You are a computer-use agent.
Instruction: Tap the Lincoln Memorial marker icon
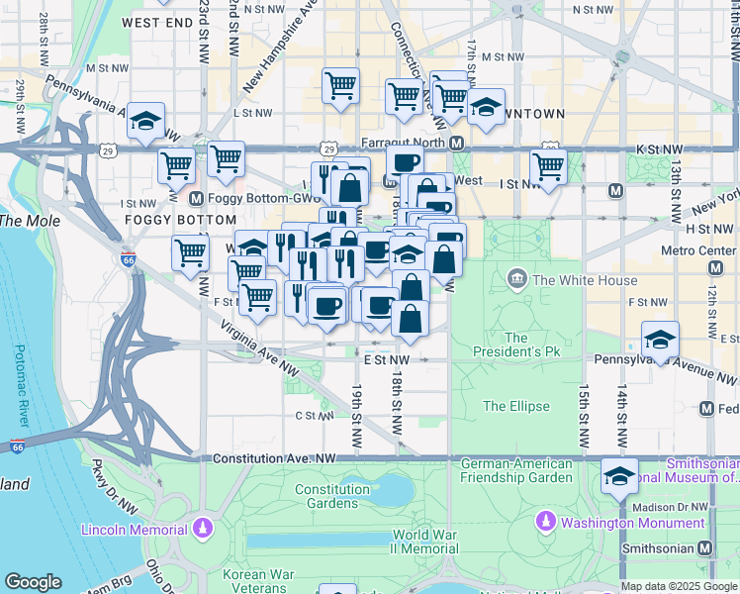[203, 527]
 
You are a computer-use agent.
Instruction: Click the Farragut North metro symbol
[457, 144]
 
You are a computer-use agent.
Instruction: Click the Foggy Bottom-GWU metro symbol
[196, 197]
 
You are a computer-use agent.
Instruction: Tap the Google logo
[33, 582]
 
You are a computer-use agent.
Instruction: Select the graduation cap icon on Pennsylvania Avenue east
[660, 340]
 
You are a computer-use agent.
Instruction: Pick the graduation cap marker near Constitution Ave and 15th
[619, 477]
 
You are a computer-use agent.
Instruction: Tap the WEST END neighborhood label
[157, 21]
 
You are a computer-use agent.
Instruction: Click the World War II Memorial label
[424, 542]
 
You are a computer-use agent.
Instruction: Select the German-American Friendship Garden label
[516, 470]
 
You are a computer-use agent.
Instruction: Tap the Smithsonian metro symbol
[705, 547]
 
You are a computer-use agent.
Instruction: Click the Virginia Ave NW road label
[259, 346]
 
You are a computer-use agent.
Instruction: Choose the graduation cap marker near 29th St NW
[145, 122]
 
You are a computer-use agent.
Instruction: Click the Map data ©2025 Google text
[679, 586]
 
